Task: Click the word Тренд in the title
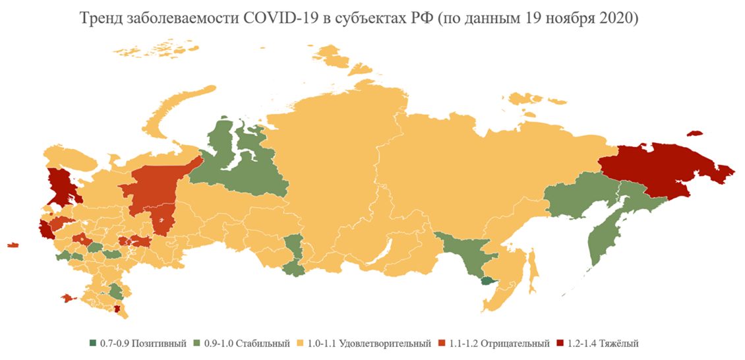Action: pos(102,19)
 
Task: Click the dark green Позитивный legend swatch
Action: pos(94,344)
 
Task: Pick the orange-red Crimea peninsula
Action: pos(68,299)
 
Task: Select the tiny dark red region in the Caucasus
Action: pos(117,309)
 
